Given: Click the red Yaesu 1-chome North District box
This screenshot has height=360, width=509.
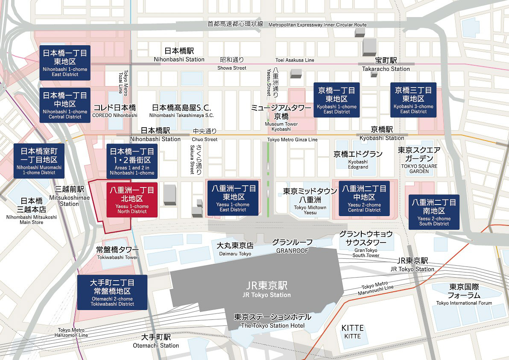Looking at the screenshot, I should (x=132, y=199).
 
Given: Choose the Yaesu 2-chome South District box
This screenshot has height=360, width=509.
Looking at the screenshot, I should (x=434, y=212).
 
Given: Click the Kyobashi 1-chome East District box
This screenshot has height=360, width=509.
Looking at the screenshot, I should (x=336, y=100).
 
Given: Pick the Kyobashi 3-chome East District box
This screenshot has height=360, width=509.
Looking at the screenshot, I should (x=413, y=100).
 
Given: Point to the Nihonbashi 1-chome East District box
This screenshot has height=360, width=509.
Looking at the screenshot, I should (x=65, y=63).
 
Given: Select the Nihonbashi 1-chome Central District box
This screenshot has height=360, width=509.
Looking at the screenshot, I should (x=65, y=105).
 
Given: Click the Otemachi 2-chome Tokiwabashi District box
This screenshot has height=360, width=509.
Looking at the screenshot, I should (x=112, y=292).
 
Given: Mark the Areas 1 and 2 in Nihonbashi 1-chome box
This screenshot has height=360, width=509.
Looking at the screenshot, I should (x=132, y=161).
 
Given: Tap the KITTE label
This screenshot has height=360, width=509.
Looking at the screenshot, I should (x=353, y=331).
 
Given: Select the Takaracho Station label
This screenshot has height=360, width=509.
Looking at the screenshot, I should (x=386, y=64).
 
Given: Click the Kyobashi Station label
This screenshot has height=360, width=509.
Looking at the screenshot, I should (x=382, y=134).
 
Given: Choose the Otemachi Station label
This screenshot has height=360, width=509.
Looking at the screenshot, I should (x=156, y=341).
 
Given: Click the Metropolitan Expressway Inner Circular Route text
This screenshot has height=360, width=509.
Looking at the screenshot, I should (x=317, y=25).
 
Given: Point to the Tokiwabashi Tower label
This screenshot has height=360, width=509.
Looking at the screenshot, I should (x=117, y=253).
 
